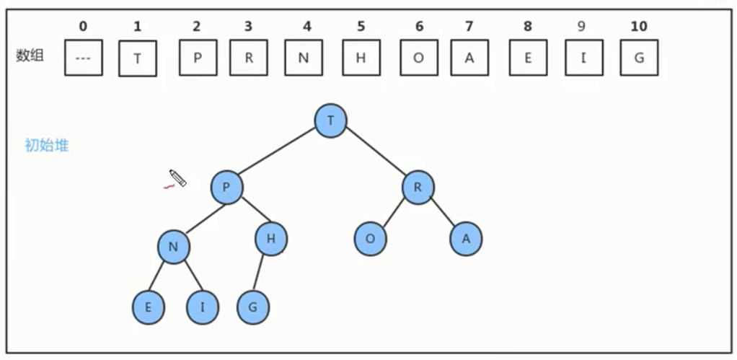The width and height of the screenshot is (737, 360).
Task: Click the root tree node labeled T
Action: coord(331,120)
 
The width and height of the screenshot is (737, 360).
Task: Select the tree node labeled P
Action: coord(226,188)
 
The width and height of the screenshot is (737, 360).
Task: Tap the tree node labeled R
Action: coord(418,188)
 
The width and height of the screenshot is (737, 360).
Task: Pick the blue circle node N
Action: coord(174,247)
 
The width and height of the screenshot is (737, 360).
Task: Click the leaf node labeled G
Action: coord(253,308)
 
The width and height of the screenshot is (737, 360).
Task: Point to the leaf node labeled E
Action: coord(149,308)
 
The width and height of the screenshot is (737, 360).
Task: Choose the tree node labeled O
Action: coord(371,240)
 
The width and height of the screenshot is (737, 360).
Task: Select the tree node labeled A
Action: coord(466,240)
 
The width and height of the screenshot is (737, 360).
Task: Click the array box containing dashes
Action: coord(83,58)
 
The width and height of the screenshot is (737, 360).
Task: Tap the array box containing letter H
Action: coord(361,58)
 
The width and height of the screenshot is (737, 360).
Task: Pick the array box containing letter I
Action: coord(584,58)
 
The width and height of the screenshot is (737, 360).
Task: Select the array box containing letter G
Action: coord(639,58)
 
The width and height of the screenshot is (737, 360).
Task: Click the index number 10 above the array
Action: coord(639,27)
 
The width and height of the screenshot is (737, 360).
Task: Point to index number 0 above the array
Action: coord(83,27)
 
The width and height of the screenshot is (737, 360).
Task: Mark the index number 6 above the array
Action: coord(419,27)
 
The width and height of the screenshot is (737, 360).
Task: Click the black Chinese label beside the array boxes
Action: coord(30,56)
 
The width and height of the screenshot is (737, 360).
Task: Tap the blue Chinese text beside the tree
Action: coord(47,146)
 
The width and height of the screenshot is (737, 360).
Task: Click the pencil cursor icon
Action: coord(177,177)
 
